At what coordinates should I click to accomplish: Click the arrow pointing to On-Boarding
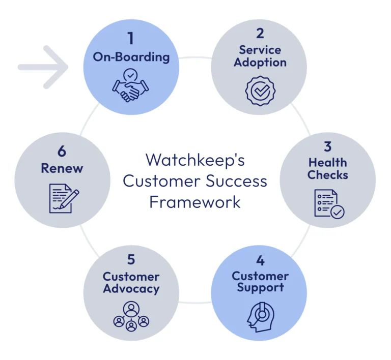[43, 67]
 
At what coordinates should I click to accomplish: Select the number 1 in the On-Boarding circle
[131, 39]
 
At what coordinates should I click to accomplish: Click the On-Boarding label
[131, 56]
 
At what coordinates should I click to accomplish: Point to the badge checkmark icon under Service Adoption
[260, 91]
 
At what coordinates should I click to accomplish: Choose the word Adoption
[260, 63]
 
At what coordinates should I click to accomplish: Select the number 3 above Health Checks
[328, 146]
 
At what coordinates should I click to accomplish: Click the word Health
[328, 163]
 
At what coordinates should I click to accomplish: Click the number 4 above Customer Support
[260, 260]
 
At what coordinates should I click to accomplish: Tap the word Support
[260, 288]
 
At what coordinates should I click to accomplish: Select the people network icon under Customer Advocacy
[131, 316]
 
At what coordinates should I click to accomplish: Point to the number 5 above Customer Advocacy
[131, 259]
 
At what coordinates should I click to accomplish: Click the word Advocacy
[131, 289]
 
